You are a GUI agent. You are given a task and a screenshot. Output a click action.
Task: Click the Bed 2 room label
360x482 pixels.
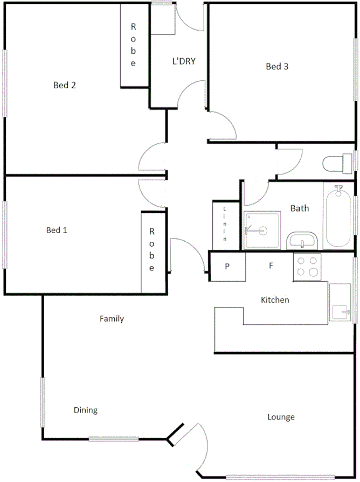tap(64, 85)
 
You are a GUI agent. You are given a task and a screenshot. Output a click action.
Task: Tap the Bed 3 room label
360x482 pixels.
tap(278, 67)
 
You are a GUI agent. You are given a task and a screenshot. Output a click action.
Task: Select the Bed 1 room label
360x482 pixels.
tap(57, 230)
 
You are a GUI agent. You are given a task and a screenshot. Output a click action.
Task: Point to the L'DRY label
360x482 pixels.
tap(183, 61)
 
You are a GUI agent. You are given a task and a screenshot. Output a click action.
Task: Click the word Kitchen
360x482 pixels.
tap(275, 300)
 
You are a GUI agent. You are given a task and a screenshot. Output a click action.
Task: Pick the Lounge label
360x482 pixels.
tap(281, 417)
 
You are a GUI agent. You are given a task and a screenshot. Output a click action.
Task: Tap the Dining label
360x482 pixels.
tap(85, 410)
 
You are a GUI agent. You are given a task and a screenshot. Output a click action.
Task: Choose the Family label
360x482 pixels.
tap(112, 319)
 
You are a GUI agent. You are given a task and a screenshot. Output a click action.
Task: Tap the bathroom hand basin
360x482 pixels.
tap(302, 240)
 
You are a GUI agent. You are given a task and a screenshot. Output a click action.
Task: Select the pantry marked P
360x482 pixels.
tap(227, 266)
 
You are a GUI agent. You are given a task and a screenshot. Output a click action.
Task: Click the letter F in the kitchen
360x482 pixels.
tap(272, 265)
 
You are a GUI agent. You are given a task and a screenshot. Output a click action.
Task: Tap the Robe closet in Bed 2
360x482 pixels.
tap(134, 46)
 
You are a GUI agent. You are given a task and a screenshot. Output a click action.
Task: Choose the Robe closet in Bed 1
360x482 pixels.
tap(152, 249)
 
